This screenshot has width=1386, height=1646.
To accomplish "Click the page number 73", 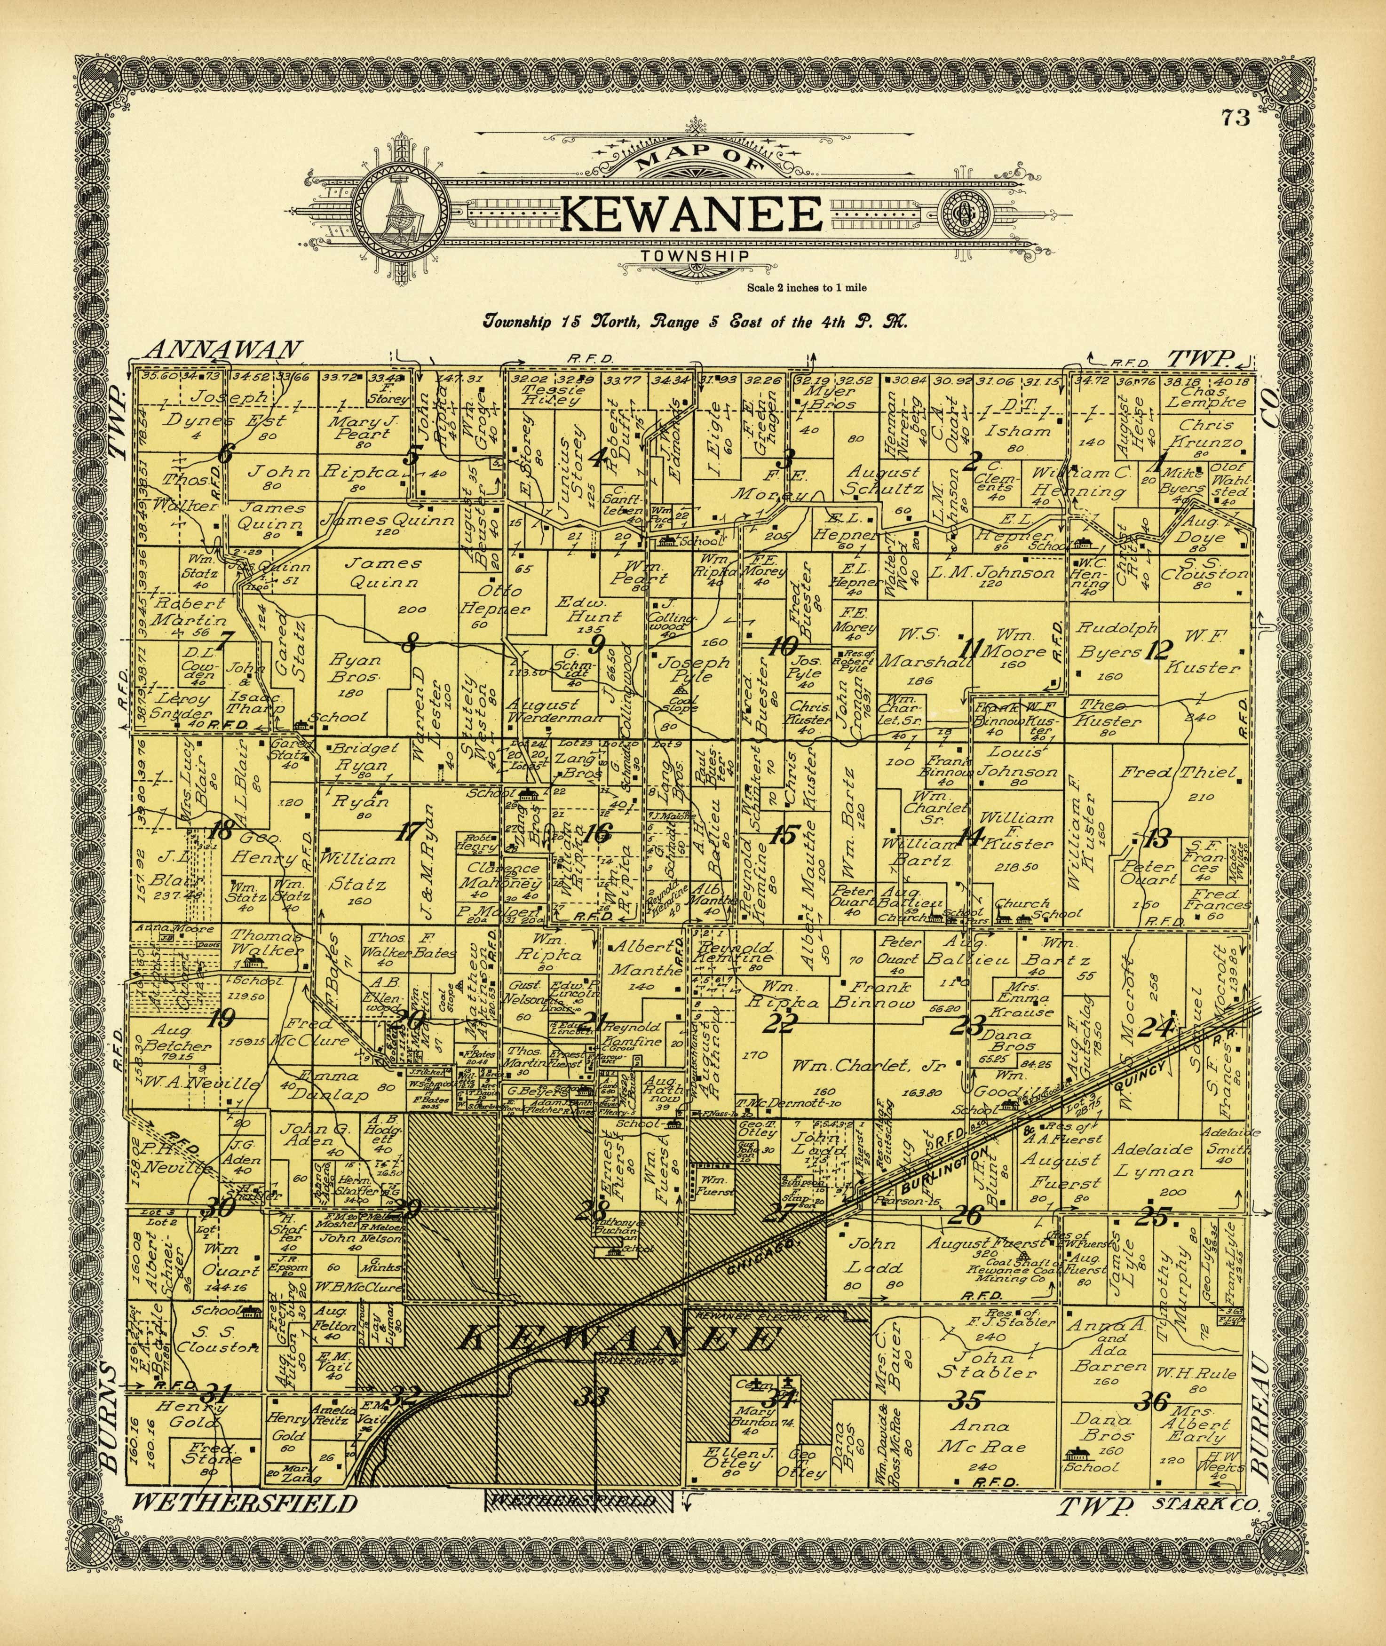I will pyautogui.click(x=1235, y=119).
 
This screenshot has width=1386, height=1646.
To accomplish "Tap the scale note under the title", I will pyautogui.click(x=807, y=287).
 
